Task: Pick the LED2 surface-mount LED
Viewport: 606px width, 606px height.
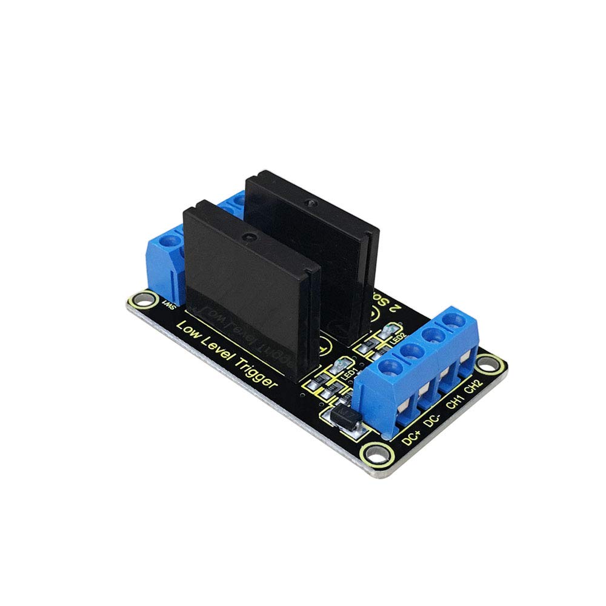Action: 382,333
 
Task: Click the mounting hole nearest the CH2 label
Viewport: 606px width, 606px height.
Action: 487,365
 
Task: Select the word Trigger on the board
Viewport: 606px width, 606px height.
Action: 255,378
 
